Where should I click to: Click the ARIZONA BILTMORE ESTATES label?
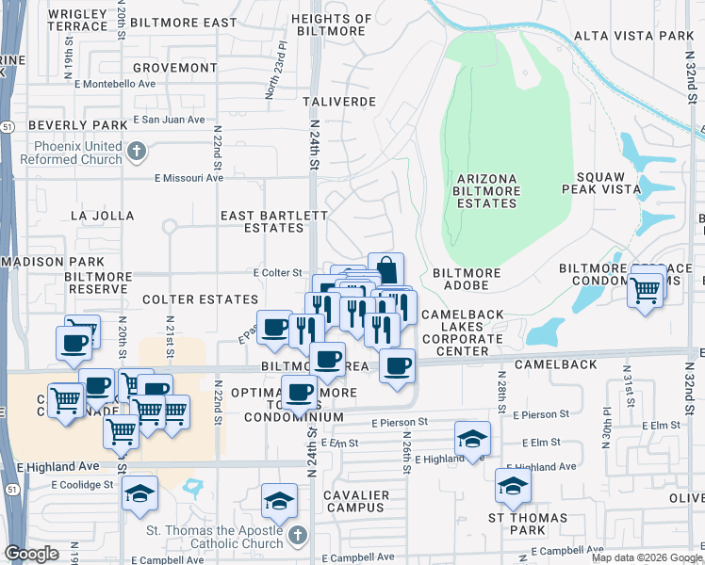click(x=487, y=190)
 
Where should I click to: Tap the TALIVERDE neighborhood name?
click(x=341, y=101)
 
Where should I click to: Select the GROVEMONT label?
click(x=174, y=68)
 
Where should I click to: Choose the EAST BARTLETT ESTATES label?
click(x=261, y=221)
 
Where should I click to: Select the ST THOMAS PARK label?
click(x=527, y=525)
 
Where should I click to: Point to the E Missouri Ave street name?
click(x=189, y=177)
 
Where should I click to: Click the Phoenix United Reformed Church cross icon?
click(x=137, y=151)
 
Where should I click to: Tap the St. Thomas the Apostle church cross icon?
click(x=297, y=536)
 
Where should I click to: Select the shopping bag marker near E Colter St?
click(x=385, y=270)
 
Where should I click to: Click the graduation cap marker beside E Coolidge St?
click(x=140, y=493)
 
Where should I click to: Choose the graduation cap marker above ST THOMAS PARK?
click(x=513, y=486)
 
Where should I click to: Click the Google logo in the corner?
click(x=32, y=554)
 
